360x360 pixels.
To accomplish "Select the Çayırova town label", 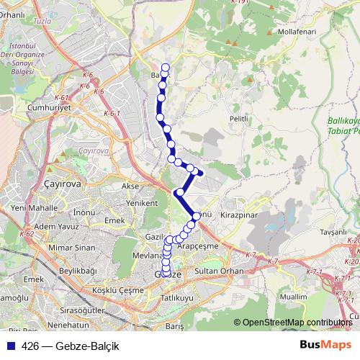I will (x=63, y=184).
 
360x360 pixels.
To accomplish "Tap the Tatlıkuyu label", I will (x=176, y=297).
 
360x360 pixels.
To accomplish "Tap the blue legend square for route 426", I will (x=10, y=346).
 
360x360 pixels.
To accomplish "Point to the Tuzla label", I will (x=42, y=22).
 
